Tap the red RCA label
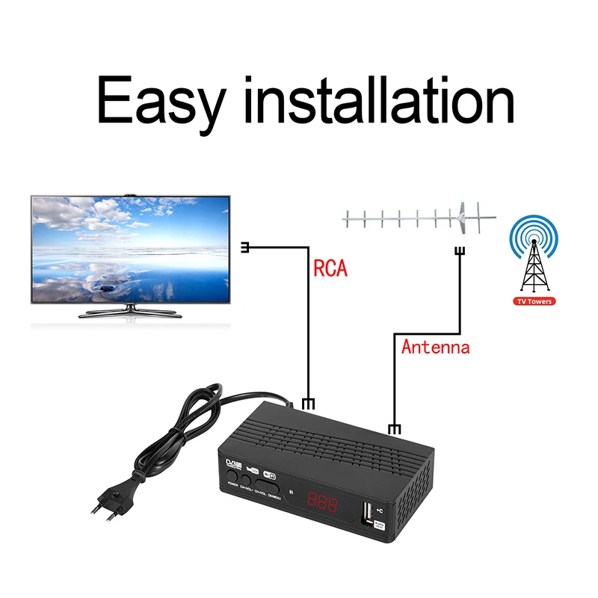[x=330, y=268]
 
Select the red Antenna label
[x=435, y=347]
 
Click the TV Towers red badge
[x=534, y=302]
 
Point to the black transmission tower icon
[x=533, y=265]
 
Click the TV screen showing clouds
[x=129, y=248]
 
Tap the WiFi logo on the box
[x=271, y=474]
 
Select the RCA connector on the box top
[x=307, y=404]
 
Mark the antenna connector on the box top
[x=394, y=428]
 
